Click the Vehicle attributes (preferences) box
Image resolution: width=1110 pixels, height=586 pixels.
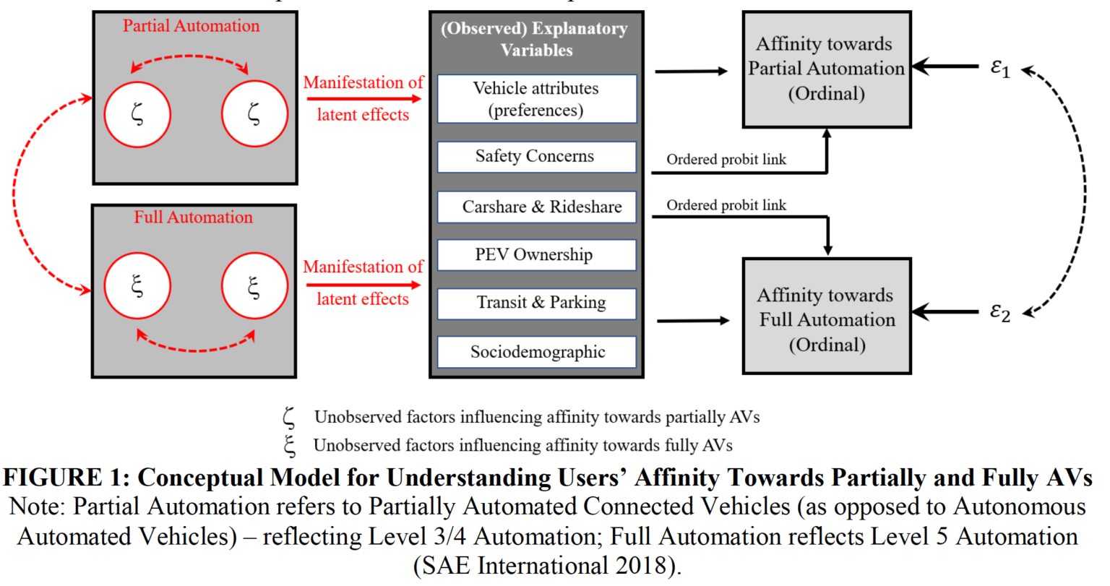click(536, 99)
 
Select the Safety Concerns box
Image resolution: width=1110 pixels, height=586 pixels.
click(536, 156)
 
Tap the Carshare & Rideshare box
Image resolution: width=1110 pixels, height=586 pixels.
click(536, 207)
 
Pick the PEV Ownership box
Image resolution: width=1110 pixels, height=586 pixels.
click(536, 254)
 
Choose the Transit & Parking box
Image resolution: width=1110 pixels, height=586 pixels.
click(536, 303)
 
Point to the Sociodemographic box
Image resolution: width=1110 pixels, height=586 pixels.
click(536, 352)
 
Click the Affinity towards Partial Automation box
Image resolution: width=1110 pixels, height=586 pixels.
click(826, 69)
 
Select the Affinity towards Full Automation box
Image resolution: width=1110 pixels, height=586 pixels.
click(826, 319)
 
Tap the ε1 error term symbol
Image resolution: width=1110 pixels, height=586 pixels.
click(1000, 68)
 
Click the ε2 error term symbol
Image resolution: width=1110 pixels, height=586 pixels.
click(1000, 311)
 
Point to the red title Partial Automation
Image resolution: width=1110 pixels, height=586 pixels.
click(191, 26)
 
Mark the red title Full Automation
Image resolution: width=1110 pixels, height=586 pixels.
click(193, 217)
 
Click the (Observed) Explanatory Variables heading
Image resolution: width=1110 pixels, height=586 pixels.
click(535, 39)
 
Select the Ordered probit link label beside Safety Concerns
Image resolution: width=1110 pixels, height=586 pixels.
click(726, 160)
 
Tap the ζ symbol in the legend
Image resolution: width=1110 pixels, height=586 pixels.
click(289, 418)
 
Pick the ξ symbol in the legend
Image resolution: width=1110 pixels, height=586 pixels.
click(290, 445)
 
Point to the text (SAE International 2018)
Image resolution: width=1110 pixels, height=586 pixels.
click(547, 565)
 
